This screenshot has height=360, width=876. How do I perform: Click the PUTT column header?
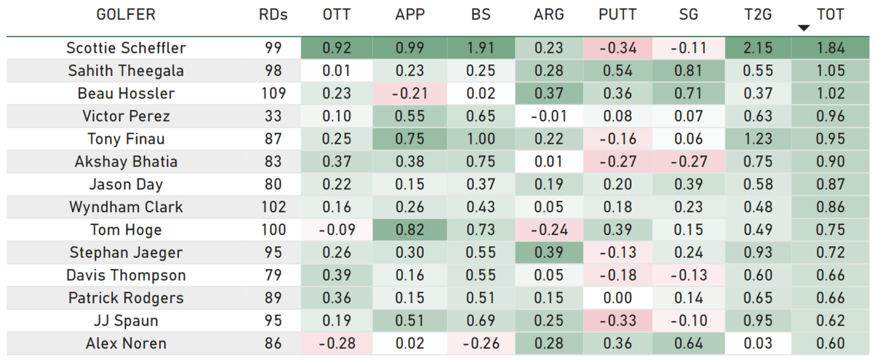click(x=618, y=14)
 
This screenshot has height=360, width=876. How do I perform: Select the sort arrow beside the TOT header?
click(x=803, y=28)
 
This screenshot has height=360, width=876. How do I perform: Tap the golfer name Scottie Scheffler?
click(x=126, y=47)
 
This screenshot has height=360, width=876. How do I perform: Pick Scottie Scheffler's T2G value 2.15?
click(x=758, y=47)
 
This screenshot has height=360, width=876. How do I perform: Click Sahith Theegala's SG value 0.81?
click(x=688, y=71)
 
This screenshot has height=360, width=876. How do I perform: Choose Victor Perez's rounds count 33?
click(x=273, y=116)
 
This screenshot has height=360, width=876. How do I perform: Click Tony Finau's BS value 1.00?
click(x=481, y=139)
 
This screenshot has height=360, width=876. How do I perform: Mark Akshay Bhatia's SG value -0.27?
click(x=689, y=161)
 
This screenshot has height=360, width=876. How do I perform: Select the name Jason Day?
click(x=126, y=184)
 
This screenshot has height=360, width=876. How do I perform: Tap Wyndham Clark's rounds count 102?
click(x=273, y=207)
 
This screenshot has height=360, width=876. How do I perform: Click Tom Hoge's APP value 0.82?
click(x=410, y=229)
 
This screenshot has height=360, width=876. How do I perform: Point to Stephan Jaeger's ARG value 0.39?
click(x=549, y=252)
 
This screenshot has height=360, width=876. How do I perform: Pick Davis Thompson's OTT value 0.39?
click(x=337, y=275)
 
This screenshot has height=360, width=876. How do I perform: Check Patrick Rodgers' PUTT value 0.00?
click(x=618, y=298)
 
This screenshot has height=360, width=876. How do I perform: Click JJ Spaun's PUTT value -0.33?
click(x=618, y=321)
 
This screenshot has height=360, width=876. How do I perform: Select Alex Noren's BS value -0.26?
click(x=481, y=343)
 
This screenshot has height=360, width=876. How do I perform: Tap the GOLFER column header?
click(x=126, y=14)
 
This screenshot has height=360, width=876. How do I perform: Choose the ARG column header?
click(x=549, y=14)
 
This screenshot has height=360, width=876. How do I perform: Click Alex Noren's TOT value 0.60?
click(x=831, y=343)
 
